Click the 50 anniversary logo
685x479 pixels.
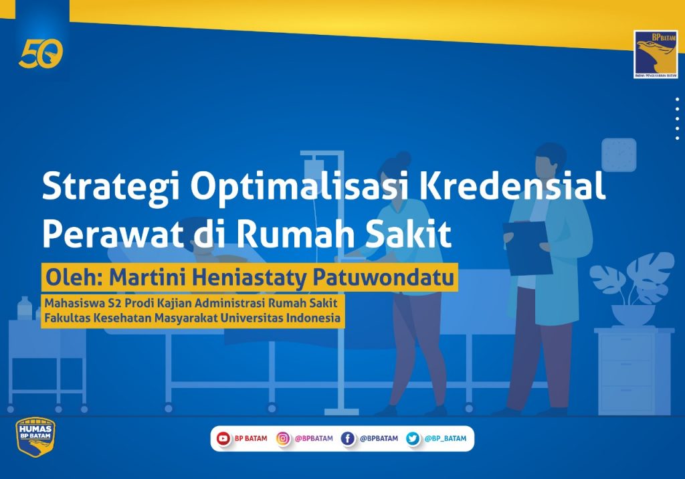coord(41,54)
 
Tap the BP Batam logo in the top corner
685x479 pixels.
coord(656,55)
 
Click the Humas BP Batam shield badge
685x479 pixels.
coord(35,436)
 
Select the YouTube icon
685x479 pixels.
coord(223,438)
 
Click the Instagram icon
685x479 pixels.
coord(283,438)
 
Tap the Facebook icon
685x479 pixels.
coord(348,438)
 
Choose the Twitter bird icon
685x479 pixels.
coord(413,438)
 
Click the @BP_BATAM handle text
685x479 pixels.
coord(445,438)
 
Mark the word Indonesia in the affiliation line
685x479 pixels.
coord(313,318)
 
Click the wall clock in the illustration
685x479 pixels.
coord(619,155)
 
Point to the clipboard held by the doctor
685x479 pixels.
coord(527,248)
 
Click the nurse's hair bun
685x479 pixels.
coord(402,157)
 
